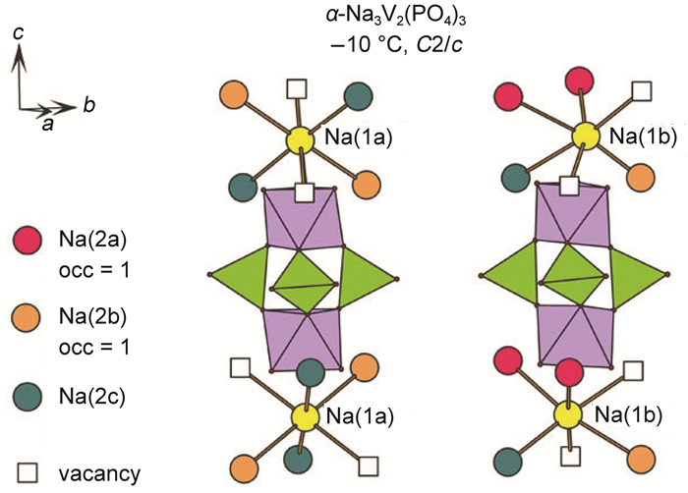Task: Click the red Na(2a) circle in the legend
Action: point(29,239)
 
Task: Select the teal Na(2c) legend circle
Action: point(29,398)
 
